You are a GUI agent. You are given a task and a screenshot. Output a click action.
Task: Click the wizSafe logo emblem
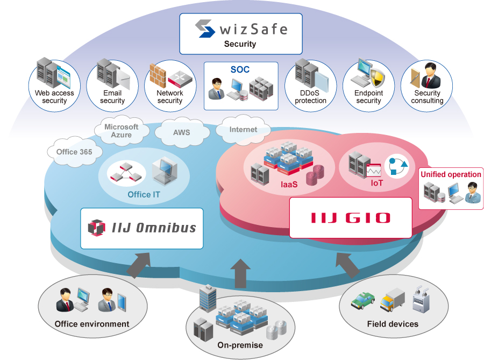(205, 28)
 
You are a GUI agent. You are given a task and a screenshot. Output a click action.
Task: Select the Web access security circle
(54, 86)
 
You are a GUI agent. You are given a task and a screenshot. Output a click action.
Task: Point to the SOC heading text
(240, 70)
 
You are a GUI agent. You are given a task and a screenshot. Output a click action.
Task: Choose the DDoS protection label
(310, 97)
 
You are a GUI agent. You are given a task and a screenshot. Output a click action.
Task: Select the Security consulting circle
(427, 86)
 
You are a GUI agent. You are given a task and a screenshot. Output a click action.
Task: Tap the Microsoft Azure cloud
(121, 131)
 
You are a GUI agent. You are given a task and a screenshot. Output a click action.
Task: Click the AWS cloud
(181, 132)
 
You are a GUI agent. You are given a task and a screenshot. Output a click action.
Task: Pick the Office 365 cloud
(74, 152)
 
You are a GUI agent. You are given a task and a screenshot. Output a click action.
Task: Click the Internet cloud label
(243, 130)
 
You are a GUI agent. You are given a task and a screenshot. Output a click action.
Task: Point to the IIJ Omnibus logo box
(142, 228)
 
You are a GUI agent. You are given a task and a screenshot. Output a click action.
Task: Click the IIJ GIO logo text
(351, 218)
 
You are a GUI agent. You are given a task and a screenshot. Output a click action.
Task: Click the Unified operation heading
(451, 174)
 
